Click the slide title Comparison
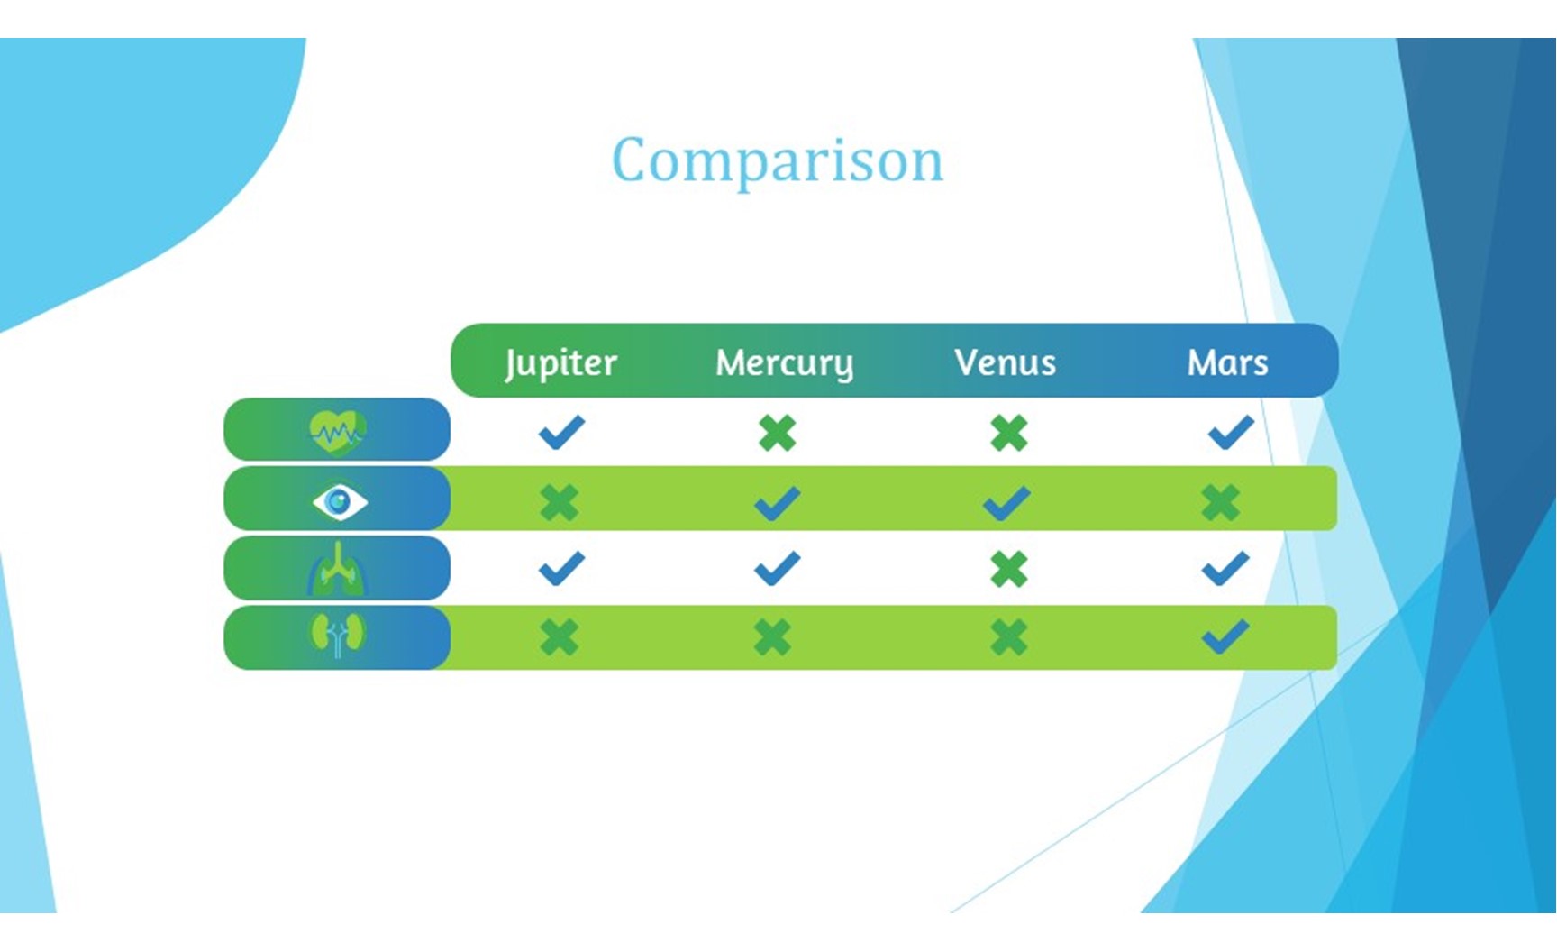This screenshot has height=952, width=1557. point(778,161)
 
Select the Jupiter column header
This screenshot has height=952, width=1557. point(560,362)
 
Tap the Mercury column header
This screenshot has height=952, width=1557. point(784,362)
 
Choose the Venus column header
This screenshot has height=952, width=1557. point(1005,362)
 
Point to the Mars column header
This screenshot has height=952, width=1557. point(1227,362)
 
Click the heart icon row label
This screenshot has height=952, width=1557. point(337,432)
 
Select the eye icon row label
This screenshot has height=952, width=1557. point(339,501)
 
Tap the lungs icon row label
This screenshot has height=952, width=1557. point(337,569)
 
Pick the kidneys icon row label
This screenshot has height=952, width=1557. point(337,636)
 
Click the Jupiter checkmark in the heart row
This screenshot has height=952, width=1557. point(561,432)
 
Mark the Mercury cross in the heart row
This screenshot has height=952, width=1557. point(777,433)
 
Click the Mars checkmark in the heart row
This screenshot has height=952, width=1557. point(1231,432)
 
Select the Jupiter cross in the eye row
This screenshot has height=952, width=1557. point(560,502)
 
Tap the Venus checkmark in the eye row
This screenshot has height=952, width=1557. point(1006,503)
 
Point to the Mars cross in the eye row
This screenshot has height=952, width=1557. point(1221,502)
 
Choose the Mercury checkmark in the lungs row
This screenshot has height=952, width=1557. point(777,569)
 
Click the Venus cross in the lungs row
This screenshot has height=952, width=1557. point(1008,570)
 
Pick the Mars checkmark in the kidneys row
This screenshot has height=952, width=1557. point(1225,637)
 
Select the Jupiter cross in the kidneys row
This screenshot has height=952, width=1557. point(560,637)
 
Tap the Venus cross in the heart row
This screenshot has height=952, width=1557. point(1008,433)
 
